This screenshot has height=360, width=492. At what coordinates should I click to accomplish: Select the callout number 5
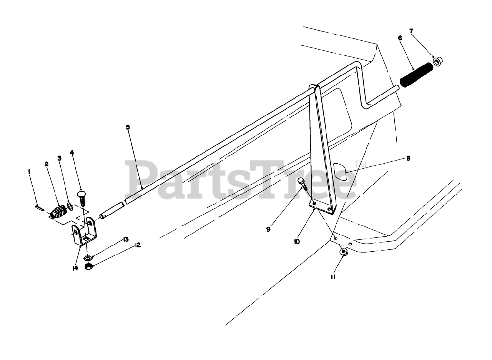pos(128,127)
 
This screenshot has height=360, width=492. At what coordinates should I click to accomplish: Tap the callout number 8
pos(408,158)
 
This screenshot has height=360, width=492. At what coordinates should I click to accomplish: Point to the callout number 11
pos(333,276)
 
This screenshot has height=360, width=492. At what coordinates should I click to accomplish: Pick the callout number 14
pos(75,268)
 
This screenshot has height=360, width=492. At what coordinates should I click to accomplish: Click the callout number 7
pos(411,30)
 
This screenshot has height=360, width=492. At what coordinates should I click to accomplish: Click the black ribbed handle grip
pos(416,73)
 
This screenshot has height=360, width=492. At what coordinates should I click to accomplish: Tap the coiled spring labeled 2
pos(59,212)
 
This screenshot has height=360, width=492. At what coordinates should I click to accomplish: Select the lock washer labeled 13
pos(88,257)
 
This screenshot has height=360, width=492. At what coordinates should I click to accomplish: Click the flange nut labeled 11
pos(343,252)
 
